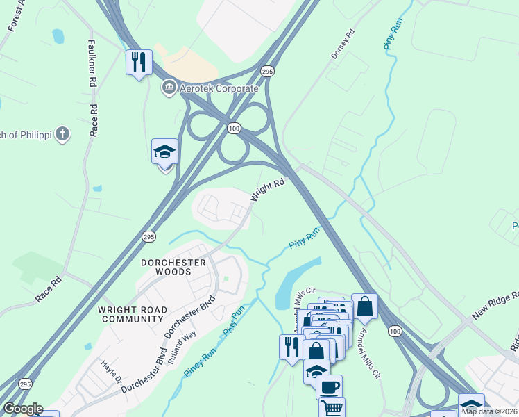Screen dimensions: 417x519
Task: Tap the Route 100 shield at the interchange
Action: click(x=235, y=128)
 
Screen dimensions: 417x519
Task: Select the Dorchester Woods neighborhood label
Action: click(x=173, y=267)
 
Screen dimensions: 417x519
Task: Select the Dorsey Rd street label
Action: click(x=343, y=42)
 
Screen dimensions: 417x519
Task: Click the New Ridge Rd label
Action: click(x=495, y=305)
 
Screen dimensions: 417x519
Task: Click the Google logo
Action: click(x=23, y=409)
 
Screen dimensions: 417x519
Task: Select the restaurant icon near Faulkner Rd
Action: click(x=139, y=63)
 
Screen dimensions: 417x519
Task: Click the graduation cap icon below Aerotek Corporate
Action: click(x=165, y=152)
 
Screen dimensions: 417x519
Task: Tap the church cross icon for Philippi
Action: click(x=62, y=133)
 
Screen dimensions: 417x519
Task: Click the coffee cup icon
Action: click(x=329, y=386)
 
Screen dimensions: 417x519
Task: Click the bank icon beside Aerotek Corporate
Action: click(x=169, y=88)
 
